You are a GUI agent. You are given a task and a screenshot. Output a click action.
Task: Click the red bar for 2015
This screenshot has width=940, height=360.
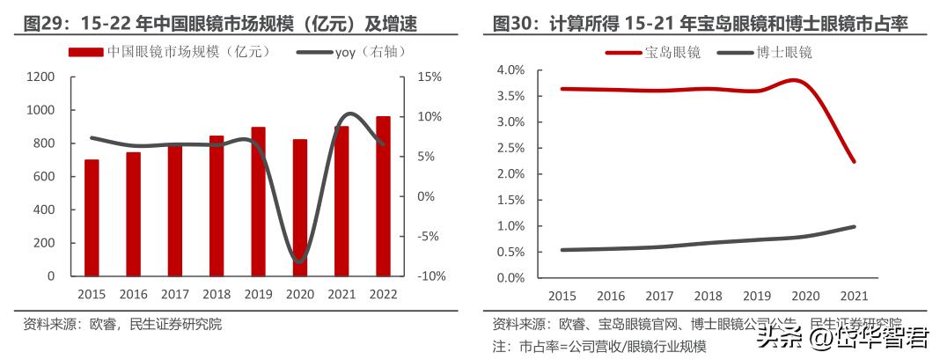[92, 217]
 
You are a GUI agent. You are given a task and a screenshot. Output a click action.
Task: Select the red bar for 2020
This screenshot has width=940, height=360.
[300, 208]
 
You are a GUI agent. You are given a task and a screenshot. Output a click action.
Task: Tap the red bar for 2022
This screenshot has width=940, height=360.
[384, 195]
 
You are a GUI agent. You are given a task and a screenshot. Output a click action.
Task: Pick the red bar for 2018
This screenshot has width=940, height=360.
[217, 205]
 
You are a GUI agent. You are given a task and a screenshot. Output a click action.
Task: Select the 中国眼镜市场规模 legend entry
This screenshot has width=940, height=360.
[171, 53]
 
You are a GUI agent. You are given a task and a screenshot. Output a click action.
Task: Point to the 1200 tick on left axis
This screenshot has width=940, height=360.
[40, 77]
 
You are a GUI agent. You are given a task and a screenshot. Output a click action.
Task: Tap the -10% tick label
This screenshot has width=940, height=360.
[427, 276]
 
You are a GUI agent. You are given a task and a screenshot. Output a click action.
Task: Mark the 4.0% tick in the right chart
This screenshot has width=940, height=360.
[510, 70]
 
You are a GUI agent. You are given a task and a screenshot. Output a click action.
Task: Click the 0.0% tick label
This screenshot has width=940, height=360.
[510, 277]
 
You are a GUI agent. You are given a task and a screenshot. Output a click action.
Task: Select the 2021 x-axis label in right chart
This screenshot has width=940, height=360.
[853, 296]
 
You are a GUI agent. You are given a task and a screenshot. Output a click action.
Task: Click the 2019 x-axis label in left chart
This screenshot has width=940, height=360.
[258, 294]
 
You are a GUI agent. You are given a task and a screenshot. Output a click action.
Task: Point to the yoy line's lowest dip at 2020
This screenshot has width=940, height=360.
[300, 261]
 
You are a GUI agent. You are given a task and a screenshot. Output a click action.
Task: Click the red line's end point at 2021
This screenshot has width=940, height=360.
[854, 161]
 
